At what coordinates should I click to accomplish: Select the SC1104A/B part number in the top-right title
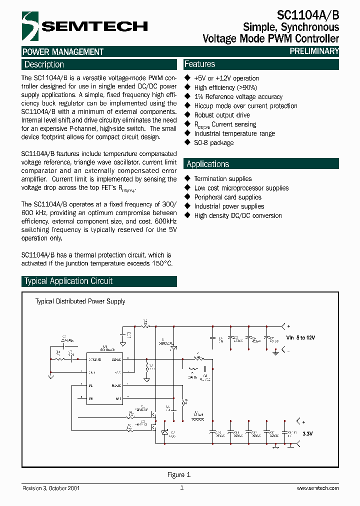(x=308, y=15)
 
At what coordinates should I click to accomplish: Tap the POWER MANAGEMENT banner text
(x=63, y=51)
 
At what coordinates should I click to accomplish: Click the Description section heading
(x=44, y=64)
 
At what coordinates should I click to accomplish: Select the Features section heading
(x=199, y=64)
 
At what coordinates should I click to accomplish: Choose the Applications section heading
(x=207, y=164)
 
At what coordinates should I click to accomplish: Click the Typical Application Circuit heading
(x=68, y=281)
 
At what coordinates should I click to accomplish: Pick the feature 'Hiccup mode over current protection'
(x=245, y=106)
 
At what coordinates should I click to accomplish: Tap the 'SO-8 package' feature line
(x=213, y=142)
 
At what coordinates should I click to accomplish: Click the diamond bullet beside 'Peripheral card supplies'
(x=187, y=197)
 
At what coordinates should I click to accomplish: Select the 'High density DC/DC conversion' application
(x=238, y=215)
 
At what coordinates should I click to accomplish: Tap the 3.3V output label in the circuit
(x=307, y=433)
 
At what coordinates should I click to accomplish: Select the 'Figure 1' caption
(x=178, y=474)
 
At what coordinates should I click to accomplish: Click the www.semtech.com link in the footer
(x=317, y=488)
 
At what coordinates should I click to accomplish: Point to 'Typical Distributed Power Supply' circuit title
(x=80, y=301)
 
